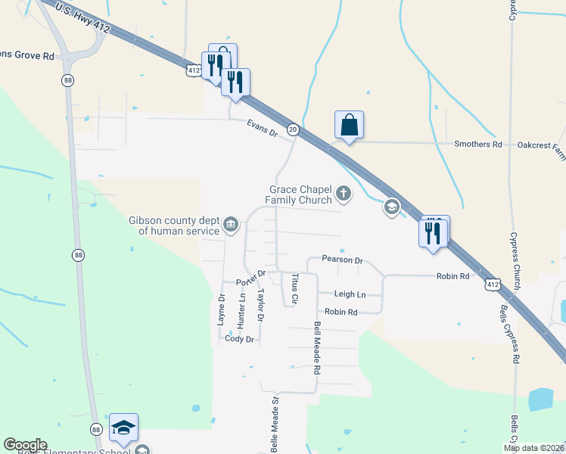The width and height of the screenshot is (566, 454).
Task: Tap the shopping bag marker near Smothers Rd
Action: pyautogui.click(x=349, y=125)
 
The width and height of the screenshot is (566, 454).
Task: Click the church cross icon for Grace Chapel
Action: pyautogui.click(x=344, y=194)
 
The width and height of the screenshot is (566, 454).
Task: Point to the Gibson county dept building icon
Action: pyautogui.click(x=231, y=225)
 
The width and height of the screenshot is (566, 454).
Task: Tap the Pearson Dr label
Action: pyautogui.click(x=342, y=260)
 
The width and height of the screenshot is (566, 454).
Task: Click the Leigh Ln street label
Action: pyautogui.click(x=350, y=294)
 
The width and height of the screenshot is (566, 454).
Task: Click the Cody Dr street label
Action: pyautogui.click(x=238, y=339)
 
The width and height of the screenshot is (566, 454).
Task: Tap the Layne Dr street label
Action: pyautogui.click(x=222, y=310)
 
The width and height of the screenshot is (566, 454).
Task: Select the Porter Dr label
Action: pyautogui.click(x=250, y=278)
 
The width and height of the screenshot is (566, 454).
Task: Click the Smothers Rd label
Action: pyautogui.click(x=477, y=144)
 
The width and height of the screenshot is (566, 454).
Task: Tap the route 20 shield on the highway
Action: pyautogui.click(x=293, y=130)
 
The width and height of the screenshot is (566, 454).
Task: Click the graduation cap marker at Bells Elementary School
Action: pyautogui.click(x=123, y=428)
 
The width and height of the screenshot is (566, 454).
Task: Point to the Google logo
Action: pyautogui.click(x=25, y=445)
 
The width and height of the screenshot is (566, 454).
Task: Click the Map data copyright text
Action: pyautogui.click(x=533, y=448)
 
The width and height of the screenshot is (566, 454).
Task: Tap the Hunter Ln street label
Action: pyautogui.click(x=241, y=310)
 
